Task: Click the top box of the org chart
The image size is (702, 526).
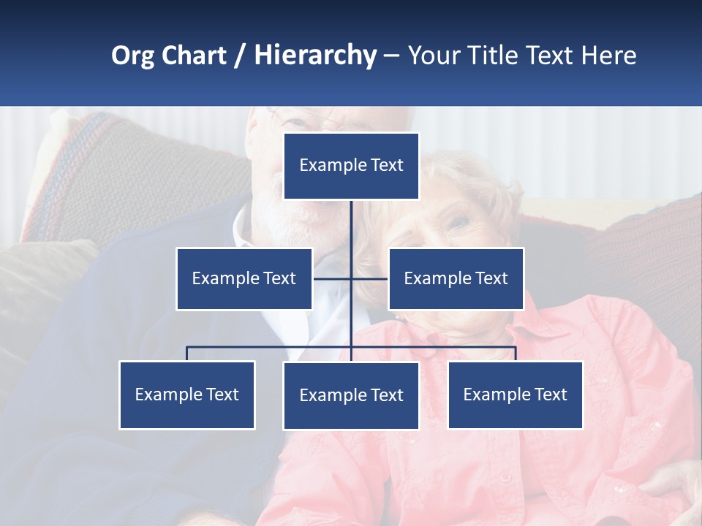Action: (351, 166)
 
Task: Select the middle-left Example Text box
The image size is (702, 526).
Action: (244, 278)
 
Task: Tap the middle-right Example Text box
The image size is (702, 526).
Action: (456, 278)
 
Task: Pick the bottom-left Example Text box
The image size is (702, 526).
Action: (187, 394)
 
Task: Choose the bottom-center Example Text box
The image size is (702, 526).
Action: (351, 395)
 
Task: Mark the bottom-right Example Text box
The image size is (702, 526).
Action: (515, 394)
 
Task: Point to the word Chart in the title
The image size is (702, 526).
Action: (193, 56)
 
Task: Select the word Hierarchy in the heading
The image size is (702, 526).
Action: (314, 56)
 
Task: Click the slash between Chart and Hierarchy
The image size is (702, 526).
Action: (240, 56)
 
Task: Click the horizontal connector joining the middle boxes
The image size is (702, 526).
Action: (333, 278)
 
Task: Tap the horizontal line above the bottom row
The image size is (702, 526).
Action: (271, 347)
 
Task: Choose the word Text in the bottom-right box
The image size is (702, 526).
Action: (551, 394)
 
